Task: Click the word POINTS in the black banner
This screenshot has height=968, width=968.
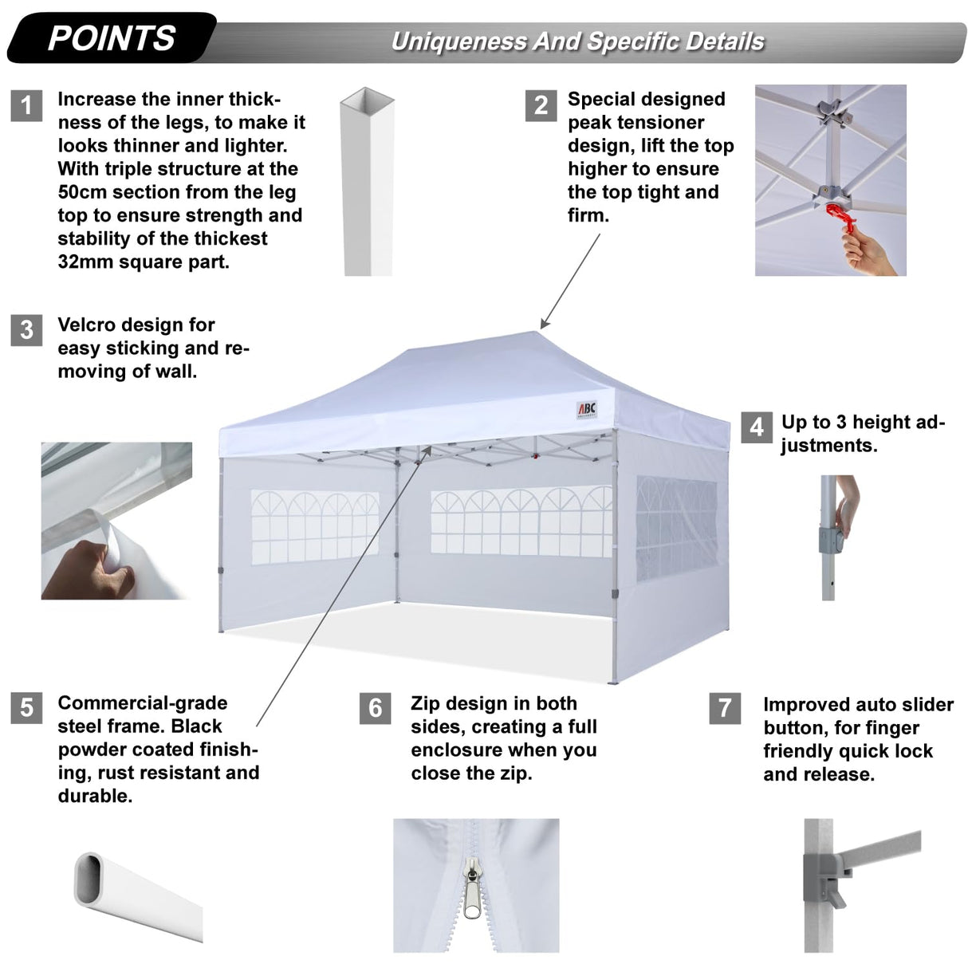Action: [112, 38]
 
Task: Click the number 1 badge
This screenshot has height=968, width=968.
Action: [26, 105]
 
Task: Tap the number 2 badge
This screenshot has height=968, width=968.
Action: [541, 105]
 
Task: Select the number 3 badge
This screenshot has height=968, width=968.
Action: [26, 329]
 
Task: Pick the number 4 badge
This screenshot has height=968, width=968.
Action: [756, 427]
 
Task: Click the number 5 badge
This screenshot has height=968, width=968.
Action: [26, 708]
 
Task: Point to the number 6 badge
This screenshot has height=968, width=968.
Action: [375, 708]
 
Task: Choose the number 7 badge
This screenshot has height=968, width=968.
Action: [724, 708]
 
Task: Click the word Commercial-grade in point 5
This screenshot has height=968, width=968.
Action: [142, 703]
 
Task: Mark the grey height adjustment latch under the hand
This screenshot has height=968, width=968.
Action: [831, 540]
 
